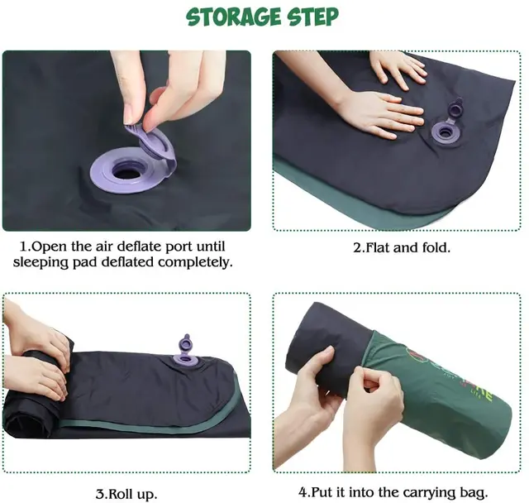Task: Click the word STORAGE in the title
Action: (227, 17)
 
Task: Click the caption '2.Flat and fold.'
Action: (403, 247)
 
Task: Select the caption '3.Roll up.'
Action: (126, 494)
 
